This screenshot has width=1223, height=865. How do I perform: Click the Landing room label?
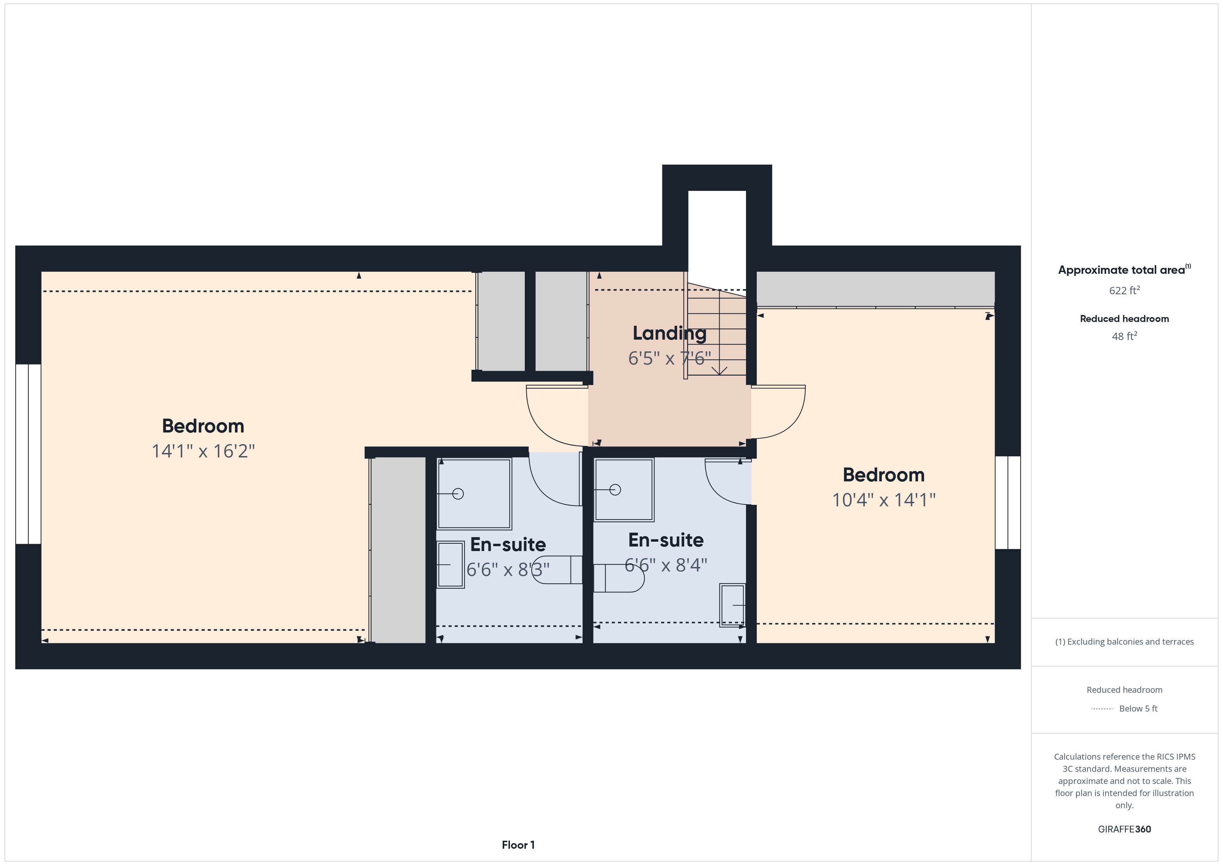pos(669,333)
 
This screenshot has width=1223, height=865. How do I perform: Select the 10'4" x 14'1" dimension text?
pos(884,500)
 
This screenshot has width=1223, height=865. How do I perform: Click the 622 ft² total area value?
pos(1125,290)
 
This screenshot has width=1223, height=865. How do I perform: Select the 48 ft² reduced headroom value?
pos(1125,336)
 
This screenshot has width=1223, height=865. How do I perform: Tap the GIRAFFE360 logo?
pos(1125,829)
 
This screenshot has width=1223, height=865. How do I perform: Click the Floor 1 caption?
pos(518,845)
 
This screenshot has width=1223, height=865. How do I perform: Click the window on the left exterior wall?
pos(28,454)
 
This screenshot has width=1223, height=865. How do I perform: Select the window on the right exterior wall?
pos(1008,502)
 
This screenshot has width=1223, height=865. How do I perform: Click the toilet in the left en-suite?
pos(557,569)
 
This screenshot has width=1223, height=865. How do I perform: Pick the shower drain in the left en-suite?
pos(458,494)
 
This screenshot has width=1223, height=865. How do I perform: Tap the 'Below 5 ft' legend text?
pos(1138,708)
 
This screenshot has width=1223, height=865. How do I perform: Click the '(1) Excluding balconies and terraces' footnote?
pos(1125,642)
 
